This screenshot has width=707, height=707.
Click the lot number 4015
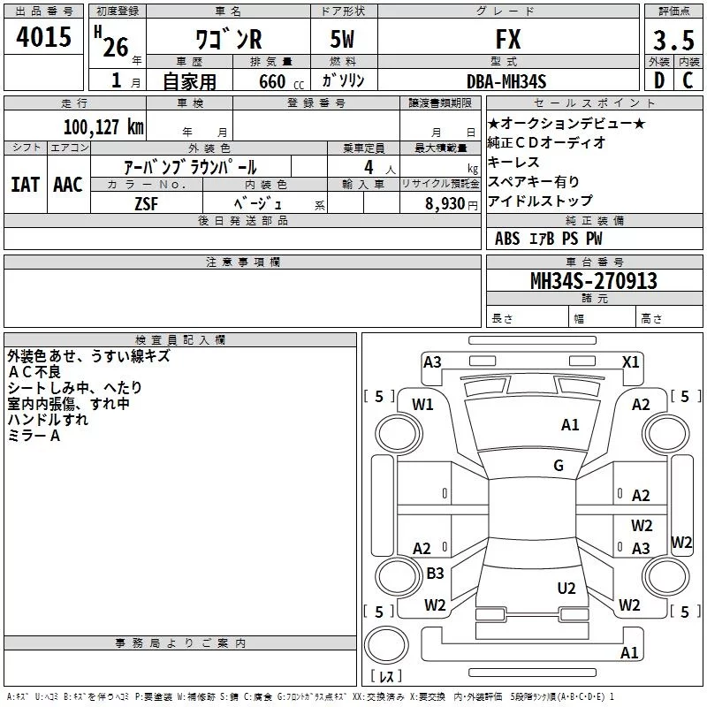tap(43, 37)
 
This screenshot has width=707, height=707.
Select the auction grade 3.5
tap(673, 40)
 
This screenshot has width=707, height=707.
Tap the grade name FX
tap(508, 39)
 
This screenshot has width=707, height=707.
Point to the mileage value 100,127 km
tap(103, 127)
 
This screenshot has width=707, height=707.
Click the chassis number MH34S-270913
tap(594, 281)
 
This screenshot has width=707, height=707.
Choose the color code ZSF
tap(147, 204)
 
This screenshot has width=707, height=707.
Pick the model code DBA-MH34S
tap(506, 81)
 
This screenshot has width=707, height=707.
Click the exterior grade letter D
tap(659, 80)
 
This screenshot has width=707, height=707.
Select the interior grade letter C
tap(688, 80)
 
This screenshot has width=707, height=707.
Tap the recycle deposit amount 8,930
tap(445, 204)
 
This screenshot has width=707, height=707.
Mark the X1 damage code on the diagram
tap(630, 362)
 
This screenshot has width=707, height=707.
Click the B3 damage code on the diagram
tap(435, 573)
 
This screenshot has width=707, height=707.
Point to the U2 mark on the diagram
tap(566, 589)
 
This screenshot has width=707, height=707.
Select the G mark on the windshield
tap(559, 465)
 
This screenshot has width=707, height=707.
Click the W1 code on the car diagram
tap(422, 405)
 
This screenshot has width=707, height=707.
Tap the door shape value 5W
tap(342, 39)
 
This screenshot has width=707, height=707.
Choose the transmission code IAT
tap(25, 185)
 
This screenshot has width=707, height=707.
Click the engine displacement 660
tap(272, 81)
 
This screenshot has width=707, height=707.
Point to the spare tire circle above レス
tap(386, 644)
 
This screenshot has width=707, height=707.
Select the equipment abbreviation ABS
tap(507, 239)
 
